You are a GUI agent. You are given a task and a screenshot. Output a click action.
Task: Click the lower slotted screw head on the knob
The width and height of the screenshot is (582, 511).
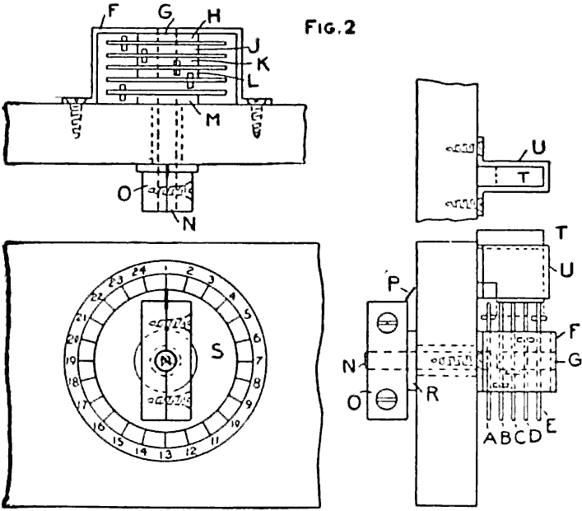(x=383, y=405)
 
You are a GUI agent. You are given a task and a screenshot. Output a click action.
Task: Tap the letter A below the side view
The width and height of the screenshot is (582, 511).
(x=491, y=437)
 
